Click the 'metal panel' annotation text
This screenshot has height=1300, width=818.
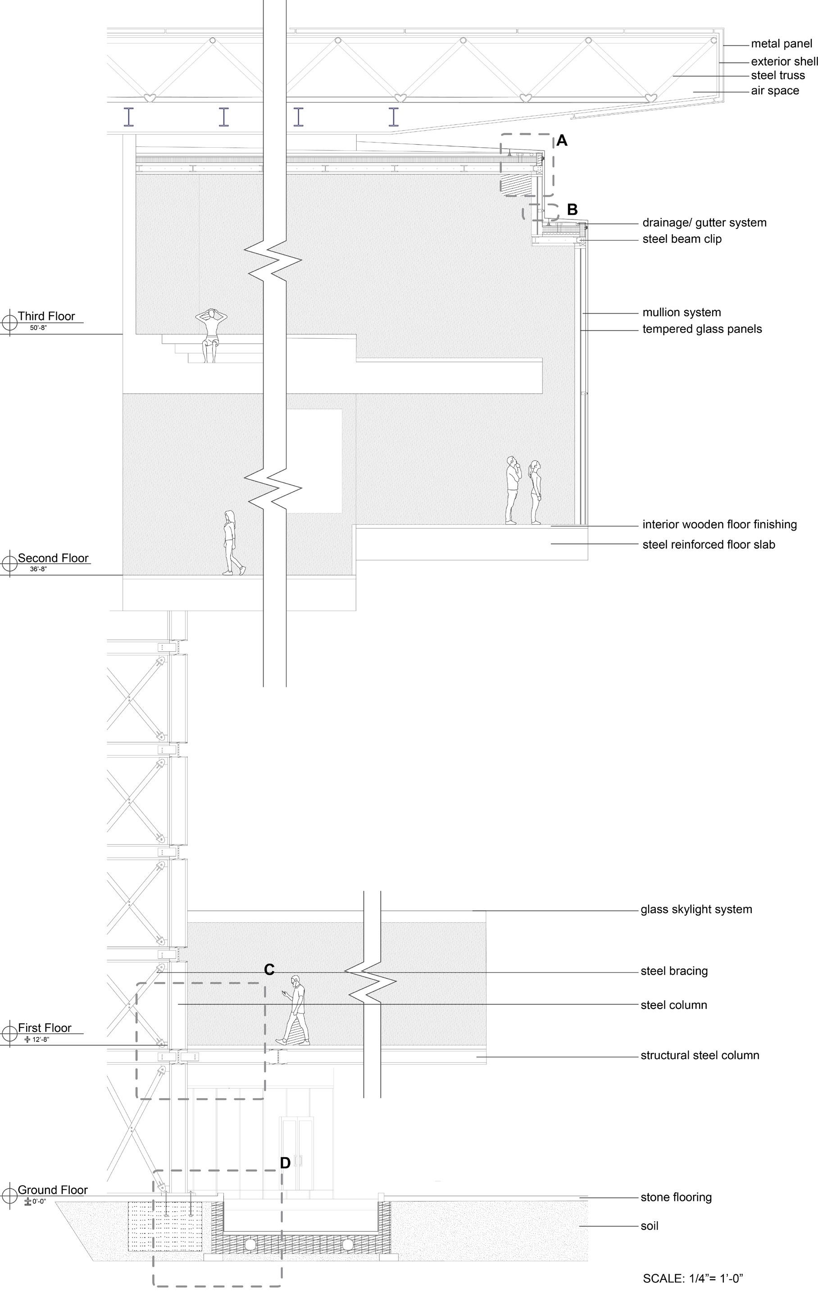(781, 44)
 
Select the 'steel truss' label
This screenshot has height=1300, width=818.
(777, 76)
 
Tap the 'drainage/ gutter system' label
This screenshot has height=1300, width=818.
(704, 223)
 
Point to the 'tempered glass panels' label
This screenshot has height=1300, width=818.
(702, 329)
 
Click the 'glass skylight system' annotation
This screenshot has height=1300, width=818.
(696, 909)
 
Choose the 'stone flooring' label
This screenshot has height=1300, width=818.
(676, 1197)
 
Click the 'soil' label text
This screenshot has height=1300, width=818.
(649, 1226)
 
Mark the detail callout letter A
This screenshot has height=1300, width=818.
(562, 141)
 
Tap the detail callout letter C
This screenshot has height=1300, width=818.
(269, 970)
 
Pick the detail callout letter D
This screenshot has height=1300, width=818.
(285, 1163)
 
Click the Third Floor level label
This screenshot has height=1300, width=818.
(46, 316)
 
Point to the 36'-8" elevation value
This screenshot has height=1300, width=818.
(38, 569)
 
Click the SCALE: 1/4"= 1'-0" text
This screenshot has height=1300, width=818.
(693, 1278)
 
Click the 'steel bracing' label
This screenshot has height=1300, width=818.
(674, 971)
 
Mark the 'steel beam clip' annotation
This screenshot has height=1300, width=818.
(682, 239)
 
